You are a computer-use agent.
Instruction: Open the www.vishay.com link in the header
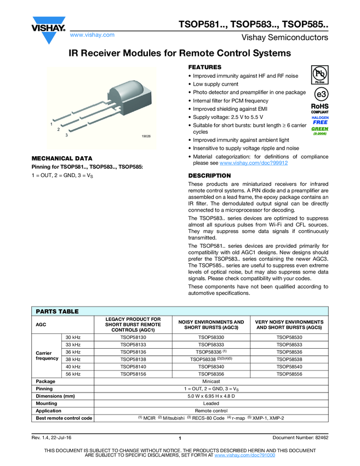point(92,35)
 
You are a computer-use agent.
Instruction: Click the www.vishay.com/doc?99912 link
point(254,163)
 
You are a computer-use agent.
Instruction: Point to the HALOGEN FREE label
point(320,120)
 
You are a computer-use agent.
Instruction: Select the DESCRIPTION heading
point(209,175)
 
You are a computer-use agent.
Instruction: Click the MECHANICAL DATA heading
point(62,158)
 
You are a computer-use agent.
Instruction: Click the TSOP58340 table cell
point(211,366)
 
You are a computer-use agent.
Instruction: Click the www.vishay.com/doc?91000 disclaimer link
point(244,456)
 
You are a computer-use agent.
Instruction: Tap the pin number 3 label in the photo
point(66,135)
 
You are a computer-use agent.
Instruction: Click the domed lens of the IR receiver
point(132,88)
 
